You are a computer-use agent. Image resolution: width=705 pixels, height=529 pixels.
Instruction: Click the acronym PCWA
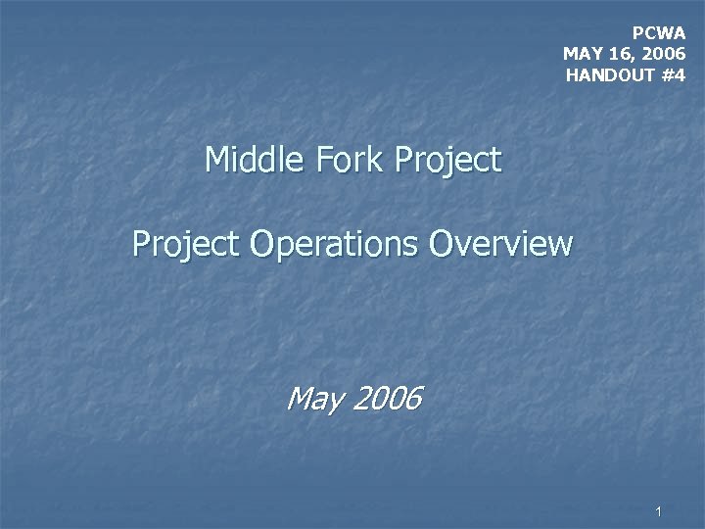tap(659, 32)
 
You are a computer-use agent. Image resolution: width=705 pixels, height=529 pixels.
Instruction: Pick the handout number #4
tap(673, 74)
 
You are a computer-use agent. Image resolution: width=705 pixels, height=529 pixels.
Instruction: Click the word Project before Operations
tap(186, 244)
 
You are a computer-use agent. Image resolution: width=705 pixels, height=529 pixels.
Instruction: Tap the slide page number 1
tap(660, 511)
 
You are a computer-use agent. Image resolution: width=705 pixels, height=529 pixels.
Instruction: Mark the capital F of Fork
tap(316, 160)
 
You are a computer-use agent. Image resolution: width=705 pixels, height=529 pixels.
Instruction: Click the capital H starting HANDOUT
tap(572, 74)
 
